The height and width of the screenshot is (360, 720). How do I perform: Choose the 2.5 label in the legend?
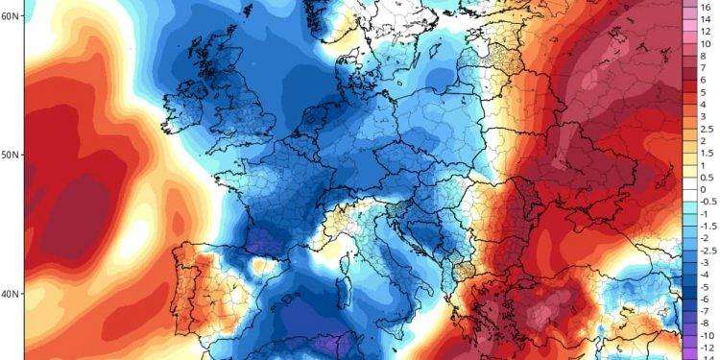pyautogui.click(x=706, y=129)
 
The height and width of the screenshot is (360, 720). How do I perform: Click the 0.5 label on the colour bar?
pyautogui.click(x=706, y=178)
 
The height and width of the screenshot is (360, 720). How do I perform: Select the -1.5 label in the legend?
pyautogui.click(x=707, y=227)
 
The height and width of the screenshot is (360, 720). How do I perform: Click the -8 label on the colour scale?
pyautogui.click(x=705, y=324)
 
